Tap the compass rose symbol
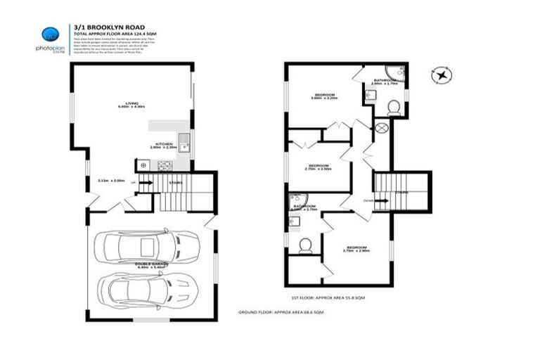pyautogui.click(x=442, y=73)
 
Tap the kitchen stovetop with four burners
pyautogui.click(x=166, y=166)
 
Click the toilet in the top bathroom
pyautogui.click(x=394, y=107)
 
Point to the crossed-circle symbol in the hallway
pyautogui.click(x=382, y=129)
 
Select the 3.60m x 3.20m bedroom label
pyautogui.click(x=325, y=96)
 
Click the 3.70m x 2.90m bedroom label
pyautogui.click(x=356, y=248)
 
